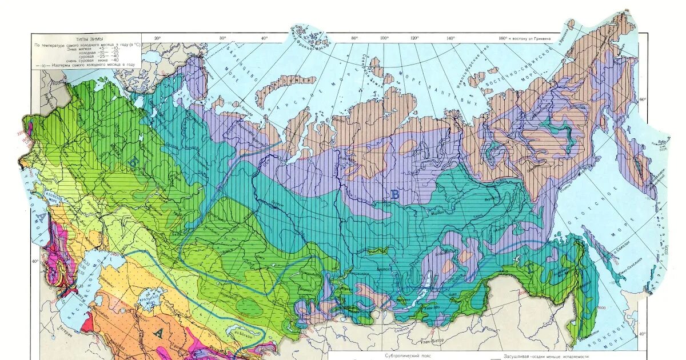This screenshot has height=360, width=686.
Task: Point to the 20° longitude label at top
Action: [x=157, y=38]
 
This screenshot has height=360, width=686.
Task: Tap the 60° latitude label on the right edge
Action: [x=643, y=99]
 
